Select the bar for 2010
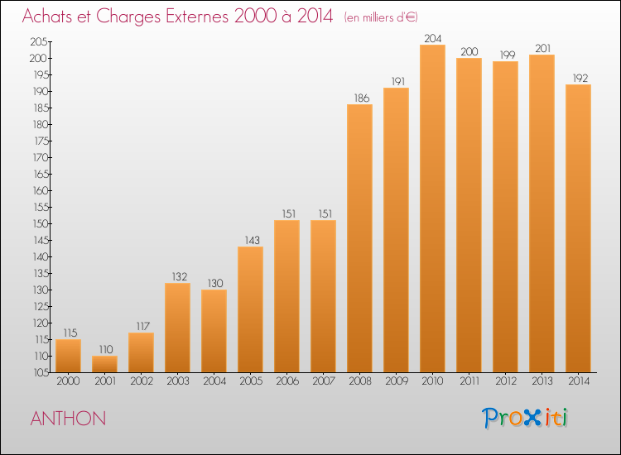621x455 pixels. click(x=432, y=208)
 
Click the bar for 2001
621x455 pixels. click(x=104, y=364)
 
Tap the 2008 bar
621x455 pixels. click(x=359, y=238)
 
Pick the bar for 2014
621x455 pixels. click(x=578, y=228)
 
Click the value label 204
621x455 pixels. click(x=432, y=38)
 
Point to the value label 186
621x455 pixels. click(x=362, y=98)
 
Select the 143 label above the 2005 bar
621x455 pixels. click(x=252, y=240)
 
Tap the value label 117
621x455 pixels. click(x=143, y=327)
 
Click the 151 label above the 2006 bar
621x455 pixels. click(x=289, y=213)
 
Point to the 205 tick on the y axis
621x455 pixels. click(x=39, y=41)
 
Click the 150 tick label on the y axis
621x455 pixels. click(x=40, y=223)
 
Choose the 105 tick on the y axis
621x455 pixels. click(x=41, y=372)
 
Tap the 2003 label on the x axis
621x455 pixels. click(x=178, y=381)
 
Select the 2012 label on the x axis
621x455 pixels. click(x=506, y=381)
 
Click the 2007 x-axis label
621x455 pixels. click(x=324, y=381)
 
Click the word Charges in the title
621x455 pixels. click(x=128, y=17)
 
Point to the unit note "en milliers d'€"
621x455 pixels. click(x=381, y=17)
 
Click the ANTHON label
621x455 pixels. click(x=68, y=419)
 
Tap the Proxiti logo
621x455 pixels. click(x=525, y=418)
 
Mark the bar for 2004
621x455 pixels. click(x=214, y=331)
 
